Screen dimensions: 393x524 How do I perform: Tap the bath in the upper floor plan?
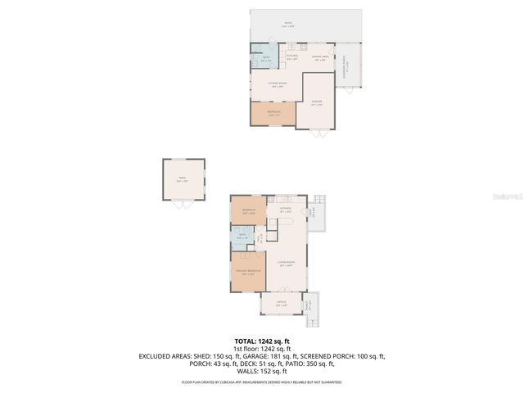[x=265, y=59]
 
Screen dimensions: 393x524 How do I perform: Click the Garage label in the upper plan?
[x=316, y=103]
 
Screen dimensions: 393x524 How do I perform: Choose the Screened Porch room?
[x=347, y=65]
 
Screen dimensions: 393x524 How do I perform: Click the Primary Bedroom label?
[x=248, y=272]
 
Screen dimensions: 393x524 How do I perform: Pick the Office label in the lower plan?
[x=282, y=302]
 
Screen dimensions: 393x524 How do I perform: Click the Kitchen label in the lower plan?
[x=285, y=210]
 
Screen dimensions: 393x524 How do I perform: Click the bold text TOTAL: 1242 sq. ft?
[x=262, y=341]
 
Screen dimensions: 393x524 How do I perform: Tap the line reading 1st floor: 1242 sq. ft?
[x=262, y=348]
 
